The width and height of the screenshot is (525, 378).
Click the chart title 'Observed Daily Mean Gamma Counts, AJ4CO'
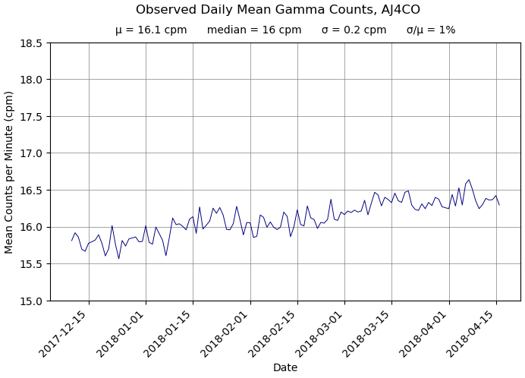(x=278, y=10)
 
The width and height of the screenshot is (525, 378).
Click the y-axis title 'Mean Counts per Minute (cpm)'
(x=10, y=172)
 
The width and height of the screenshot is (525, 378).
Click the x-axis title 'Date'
(x=285, y=368)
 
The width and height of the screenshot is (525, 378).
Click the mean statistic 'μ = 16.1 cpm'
(x=151, y=30)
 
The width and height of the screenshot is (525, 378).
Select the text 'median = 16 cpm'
(x=254, y=30)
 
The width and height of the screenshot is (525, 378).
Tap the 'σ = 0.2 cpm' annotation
(x=354, y=30)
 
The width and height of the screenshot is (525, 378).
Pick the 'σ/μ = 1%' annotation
(x=431, y=30)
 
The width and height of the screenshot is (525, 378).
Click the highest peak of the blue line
(x=469, y=180)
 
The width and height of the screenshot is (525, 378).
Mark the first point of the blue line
(x=72, y=241)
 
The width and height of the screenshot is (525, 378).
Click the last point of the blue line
(x=499, y=205)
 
